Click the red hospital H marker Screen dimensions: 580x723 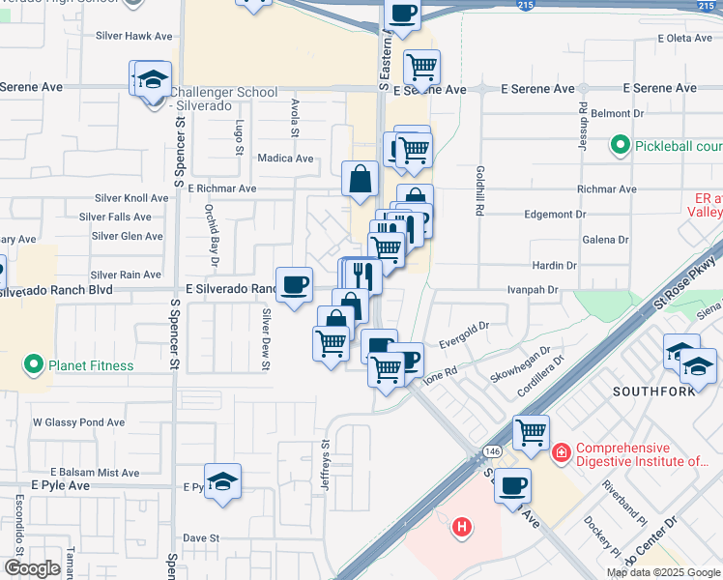tap(463, 527)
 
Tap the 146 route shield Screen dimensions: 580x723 tap(493, 450)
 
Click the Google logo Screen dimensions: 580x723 tap(32, 568)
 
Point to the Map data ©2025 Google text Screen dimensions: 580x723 tap(663, 572)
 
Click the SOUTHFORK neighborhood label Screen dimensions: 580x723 tap(650, 391)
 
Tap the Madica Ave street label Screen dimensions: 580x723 tap(285, 158)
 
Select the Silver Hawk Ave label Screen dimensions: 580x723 tap(133, 36)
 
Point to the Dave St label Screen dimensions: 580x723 tap(202, 537)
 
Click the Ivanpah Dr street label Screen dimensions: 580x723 tap(534, 289)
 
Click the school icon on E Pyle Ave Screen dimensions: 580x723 tap(222, 481)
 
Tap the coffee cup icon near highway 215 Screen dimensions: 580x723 tap(402, 14)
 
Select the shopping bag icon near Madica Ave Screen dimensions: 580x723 tap(360, 178)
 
